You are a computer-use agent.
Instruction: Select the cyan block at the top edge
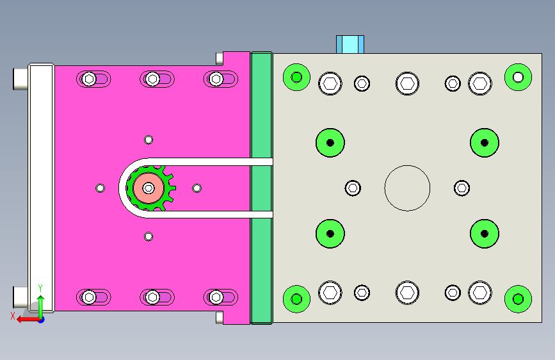(350, 44)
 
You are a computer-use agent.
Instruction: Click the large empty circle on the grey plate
(407, 166)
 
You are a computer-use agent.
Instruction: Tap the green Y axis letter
(40, 288)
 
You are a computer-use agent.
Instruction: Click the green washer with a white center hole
(518, 78)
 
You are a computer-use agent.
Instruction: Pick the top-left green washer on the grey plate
(296, 78)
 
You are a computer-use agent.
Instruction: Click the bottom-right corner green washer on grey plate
(518, 299)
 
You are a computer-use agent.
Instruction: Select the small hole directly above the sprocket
(149, 140)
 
